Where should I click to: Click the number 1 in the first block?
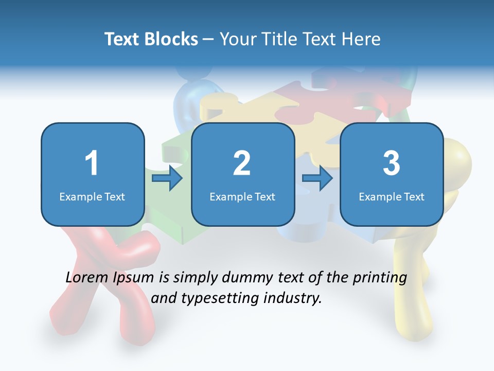[x=92, y=163]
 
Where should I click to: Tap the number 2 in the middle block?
[x=242, y=163]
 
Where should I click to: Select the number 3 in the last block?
[x=392, y=163]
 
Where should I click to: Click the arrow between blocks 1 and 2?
[x=168, y=178]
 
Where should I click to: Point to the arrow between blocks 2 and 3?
[x=317, y=178]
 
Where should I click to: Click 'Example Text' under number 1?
[x=92, y=196]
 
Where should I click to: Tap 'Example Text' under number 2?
[x=242, y=196]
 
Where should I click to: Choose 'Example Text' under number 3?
[x=392, y=196]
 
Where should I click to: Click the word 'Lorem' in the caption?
[x=87, y=278]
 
